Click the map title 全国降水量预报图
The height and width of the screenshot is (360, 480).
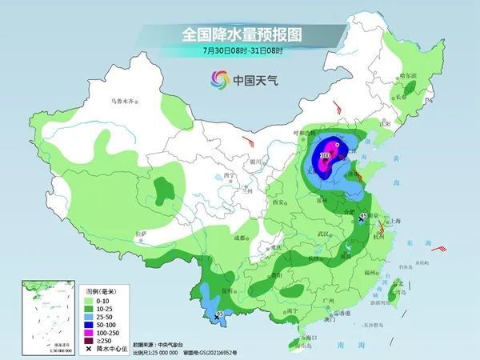pyautogui.click(x=240, y=34)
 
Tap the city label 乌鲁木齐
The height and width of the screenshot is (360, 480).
pyautogui.click(x=125, y=102)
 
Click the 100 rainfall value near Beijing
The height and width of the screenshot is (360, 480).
pyautogui.click(x=326, y=154)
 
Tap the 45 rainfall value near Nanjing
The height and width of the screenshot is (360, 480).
pyautogui.click(x=364, y=216)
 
